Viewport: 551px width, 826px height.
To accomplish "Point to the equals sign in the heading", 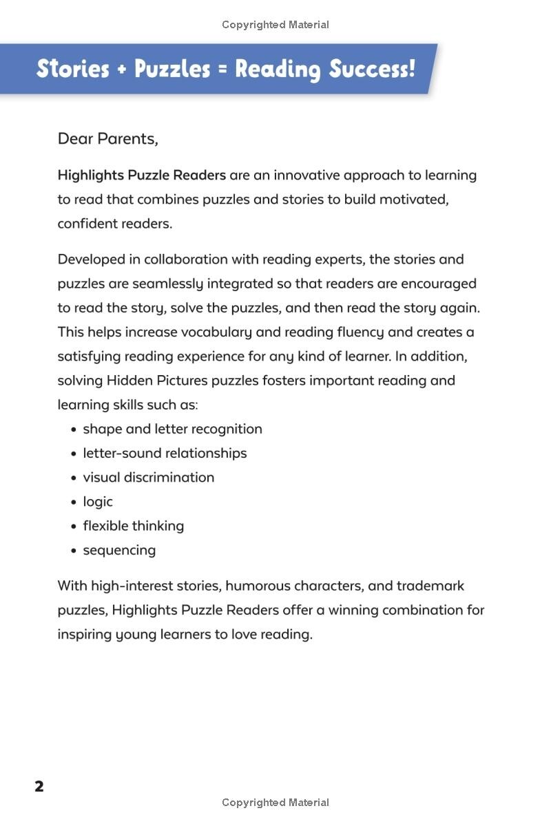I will pyautogui.click(x=222, y=69).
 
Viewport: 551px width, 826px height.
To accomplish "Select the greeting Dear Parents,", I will pyautogui.click(x=107, y=139).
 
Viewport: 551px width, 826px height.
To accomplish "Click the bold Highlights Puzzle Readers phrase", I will pyautogui.click(x=141, y=176).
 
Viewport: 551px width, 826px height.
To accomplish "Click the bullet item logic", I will pyautogui.click(x=98, y=502).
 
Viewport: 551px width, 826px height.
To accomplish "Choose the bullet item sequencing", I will pyautogui.click(x=119, y=550).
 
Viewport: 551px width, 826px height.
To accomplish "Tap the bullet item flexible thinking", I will pyautogui.click(x=134, y=526).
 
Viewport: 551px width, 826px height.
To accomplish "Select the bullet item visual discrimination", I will pyautogui.click(x=149, y=477).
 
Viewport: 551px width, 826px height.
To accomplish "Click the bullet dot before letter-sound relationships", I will pyautogui.click(x=74, y=454).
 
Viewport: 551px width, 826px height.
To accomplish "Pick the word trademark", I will pyautogui.click(x=432, y=586).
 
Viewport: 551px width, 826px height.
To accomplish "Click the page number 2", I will pyautogui.click(x=39, y=786).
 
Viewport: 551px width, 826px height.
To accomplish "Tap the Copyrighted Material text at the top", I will pyautogui.click(x=275, y=25).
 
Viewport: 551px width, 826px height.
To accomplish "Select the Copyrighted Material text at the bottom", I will pyautogui.click(x=275, y=803).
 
